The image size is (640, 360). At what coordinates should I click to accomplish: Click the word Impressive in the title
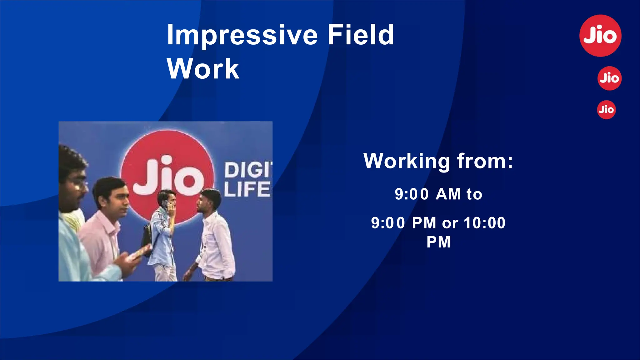tap(242, 35)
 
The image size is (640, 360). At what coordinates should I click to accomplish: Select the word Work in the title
tap(203, 69)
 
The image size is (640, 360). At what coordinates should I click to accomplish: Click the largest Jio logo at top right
tap(600, 36)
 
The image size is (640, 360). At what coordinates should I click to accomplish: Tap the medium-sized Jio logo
tap(609, 78)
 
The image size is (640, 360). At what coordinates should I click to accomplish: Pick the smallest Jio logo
tap(606, 110)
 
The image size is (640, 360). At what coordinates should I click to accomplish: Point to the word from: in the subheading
tap(485, 161)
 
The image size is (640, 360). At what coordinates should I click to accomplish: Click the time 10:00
tap(484, 223)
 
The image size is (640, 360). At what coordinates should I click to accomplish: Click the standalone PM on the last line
tap(438, 242)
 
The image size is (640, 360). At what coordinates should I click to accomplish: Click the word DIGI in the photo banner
tap(248, 170)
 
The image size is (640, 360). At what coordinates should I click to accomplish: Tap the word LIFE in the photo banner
tap(247, 189)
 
